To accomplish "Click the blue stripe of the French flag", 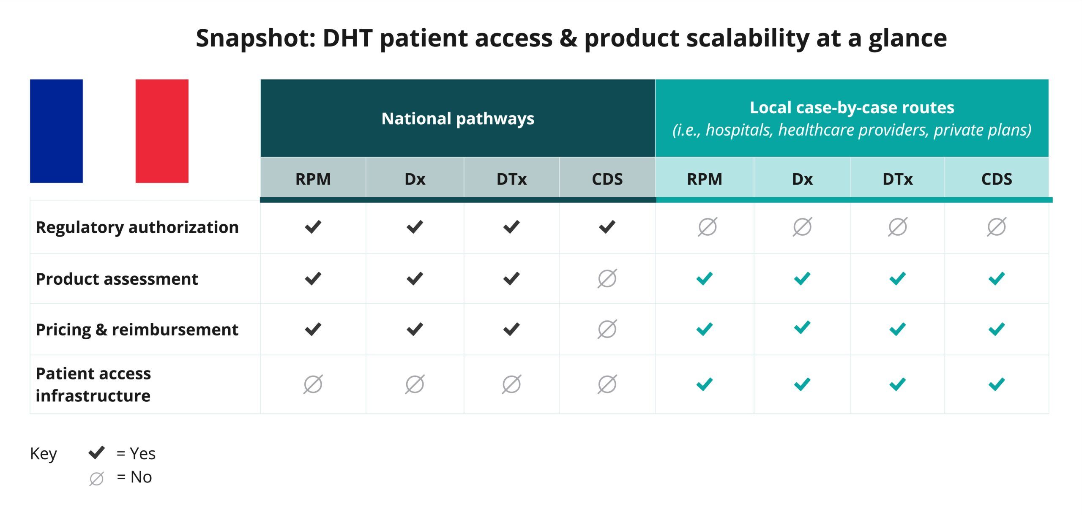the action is click(x=56, y=131).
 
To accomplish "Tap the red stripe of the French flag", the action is click(x=162, y=131).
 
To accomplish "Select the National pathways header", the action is click(x=458, y=119).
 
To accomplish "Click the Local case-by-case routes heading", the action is click(x=852, y=108).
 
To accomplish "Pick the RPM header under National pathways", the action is click(x=313, y=179).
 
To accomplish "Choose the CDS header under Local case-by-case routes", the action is click(x=997, y=179).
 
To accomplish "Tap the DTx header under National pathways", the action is click(x=511, y=179).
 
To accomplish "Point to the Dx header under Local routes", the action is click(x=802, y=179).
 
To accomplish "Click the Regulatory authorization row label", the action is click(x=137, y=227).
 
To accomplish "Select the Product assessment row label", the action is click(x=117, y=279).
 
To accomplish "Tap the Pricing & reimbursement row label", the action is click(x=137, y=330).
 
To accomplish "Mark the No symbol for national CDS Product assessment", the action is click(x=607, y=278).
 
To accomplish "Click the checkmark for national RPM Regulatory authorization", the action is click(x=313, y=227).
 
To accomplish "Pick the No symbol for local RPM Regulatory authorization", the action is click(x=708, y=227).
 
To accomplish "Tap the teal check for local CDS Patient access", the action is click(x=997, y=384).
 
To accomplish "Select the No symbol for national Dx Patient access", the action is click(x=415, y=384).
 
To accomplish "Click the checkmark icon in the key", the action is click(x=96, y=452).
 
